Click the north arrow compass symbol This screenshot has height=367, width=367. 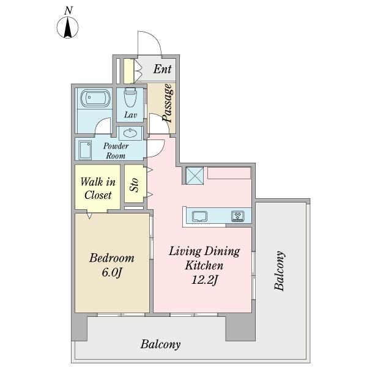point(68,28)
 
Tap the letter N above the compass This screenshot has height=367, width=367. point(69,10)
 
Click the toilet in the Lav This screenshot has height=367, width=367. point(130,97)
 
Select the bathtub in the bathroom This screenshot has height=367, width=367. point(94,98)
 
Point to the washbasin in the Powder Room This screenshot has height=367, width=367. point(130,133)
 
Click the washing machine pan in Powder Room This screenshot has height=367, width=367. point(85,150)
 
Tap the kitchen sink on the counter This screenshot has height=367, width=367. point(199,216)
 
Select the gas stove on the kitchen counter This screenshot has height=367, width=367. point(238,216)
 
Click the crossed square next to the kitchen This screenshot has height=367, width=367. point(195,176)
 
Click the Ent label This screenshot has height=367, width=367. point(163,69)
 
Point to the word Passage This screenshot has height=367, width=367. point(168,103)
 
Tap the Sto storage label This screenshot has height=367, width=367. point(135,185)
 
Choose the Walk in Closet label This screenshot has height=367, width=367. point(98,188)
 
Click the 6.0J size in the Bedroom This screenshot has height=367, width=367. point(112,272)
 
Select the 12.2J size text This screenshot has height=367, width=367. point(205,280)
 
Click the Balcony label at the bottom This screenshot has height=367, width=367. point(160,344)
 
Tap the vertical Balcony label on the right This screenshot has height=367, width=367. point(280,271)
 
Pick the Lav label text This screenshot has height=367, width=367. point(131,115)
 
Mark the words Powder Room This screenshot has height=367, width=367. point(116,150)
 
